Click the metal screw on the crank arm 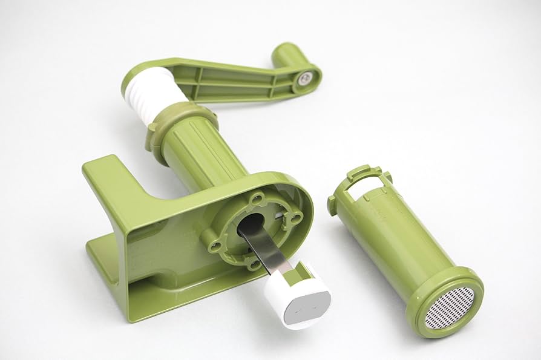[x=306, y=77]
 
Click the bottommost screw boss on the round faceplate [x=252, y=263]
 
